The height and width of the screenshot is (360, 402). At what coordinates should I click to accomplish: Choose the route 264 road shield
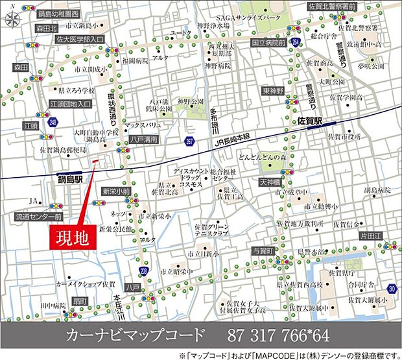[295, 43]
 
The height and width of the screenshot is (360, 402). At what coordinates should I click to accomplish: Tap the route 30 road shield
[391, 288]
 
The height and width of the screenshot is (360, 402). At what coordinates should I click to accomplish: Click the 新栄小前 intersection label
[117, 191]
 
